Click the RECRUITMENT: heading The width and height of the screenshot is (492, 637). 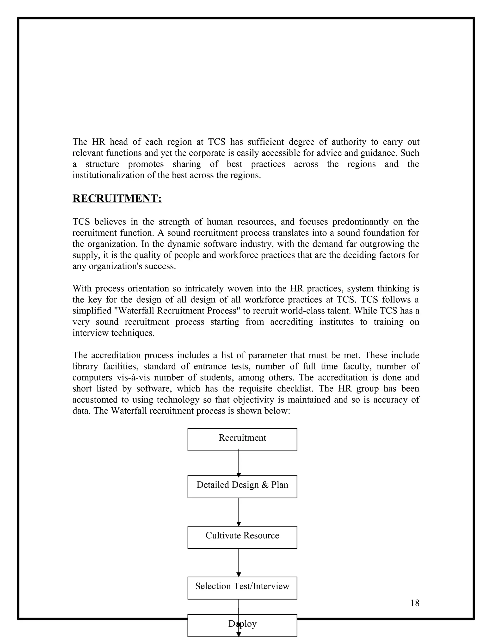(x=117, y=198)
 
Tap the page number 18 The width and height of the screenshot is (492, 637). (x=414, y=603)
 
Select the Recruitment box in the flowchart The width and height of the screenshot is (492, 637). (x=242, y=440)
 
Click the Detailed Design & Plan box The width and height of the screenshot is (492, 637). (x=242, y=487)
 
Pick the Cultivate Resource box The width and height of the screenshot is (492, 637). (x=242, y=537)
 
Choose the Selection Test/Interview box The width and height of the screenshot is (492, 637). (x=242, y=588)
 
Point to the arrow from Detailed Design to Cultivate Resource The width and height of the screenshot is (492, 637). (x=239, y=512)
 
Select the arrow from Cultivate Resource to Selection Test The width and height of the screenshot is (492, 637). (x=239, y=563)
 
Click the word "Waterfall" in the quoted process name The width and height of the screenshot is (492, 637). (x=135, y=311)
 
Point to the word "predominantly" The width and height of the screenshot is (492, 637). (x=360, y=222)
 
